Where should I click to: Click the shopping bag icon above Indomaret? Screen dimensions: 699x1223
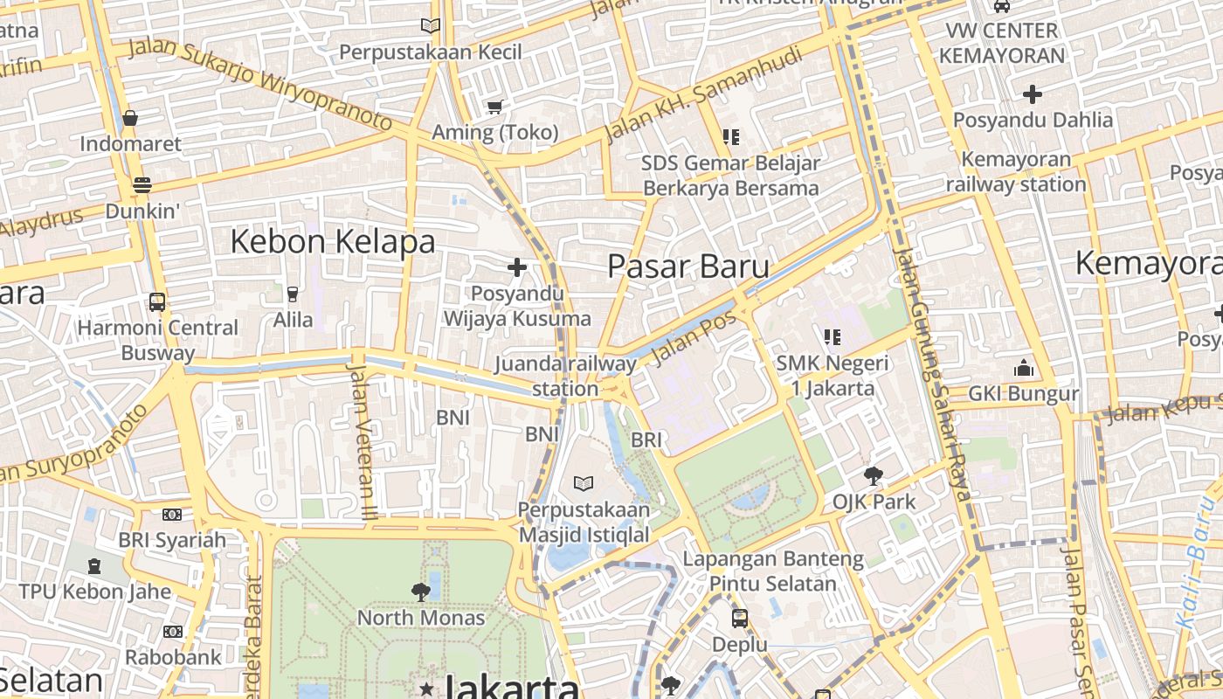coord(130,118)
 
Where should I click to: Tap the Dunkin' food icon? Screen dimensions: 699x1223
coord(142,184)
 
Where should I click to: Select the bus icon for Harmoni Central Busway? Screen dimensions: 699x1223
coord(157,302)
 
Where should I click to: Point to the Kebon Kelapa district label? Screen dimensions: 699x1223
coord(332,242)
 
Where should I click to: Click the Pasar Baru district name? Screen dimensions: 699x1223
coord(688,267)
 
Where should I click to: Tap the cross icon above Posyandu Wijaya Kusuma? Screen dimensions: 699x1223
coord(517,266)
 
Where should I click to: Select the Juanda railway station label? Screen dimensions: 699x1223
coord(565,376)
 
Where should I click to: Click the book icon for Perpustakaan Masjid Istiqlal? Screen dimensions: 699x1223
coord(584,483)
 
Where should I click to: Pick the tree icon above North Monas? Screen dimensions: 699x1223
coord(420,592)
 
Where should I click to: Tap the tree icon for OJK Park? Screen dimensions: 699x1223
coord(873,476)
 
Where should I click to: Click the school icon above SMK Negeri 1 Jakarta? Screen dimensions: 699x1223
coord(832,336)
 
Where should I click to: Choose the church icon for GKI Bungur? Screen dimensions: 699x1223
coord(1024,368)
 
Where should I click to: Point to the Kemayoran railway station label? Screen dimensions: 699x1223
coord(1016,172)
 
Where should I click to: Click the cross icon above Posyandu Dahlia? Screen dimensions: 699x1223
coord(1033,93)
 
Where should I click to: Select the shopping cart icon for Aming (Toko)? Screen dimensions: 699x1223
coord(495,107)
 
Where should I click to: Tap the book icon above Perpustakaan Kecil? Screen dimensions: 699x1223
coord(430,26)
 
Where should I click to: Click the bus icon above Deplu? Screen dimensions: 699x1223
coord(739,619)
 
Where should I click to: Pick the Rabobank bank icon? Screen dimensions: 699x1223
coord(172,631)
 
